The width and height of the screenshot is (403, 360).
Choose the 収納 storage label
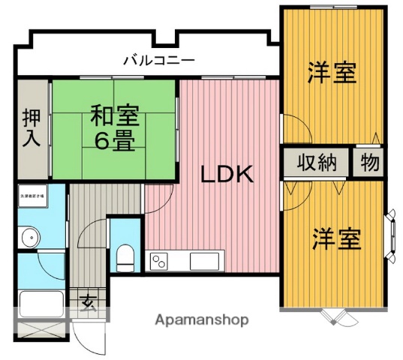tap(316, 162)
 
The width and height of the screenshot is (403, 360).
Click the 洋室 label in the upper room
tap(331, 73)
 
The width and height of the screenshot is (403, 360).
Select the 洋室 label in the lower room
tap(337, 239)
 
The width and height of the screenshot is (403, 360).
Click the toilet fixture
tap(125, 256)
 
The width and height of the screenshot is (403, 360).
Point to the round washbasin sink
tap(29, 239)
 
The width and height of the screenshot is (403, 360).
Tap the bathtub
tap(41, 304)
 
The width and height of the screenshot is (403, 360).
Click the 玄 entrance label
tap(88, 302)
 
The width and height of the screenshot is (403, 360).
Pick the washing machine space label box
tap(32, 194)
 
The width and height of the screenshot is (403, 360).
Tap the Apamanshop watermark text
tap(202, 319)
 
